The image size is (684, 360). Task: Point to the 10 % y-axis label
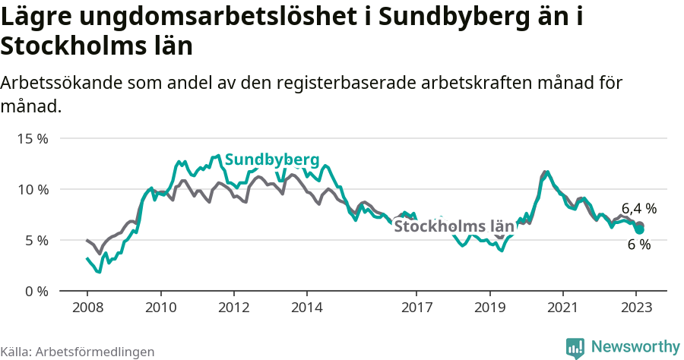pos(33,189)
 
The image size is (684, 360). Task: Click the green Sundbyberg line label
pos(271,159)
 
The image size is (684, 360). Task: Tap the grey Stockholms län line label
pos(454,226)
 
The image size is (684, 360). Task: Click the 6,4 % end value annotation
pos(638,208)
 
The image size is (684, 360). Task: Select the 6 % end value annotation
pos(638,245)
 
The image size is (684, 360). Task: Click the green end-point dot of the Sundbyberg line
pos(640,229)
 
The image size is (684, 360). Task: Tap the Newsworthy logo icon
pos(576,347)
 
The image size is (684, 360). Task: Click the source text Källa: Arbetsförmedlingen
pos(78,352)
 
